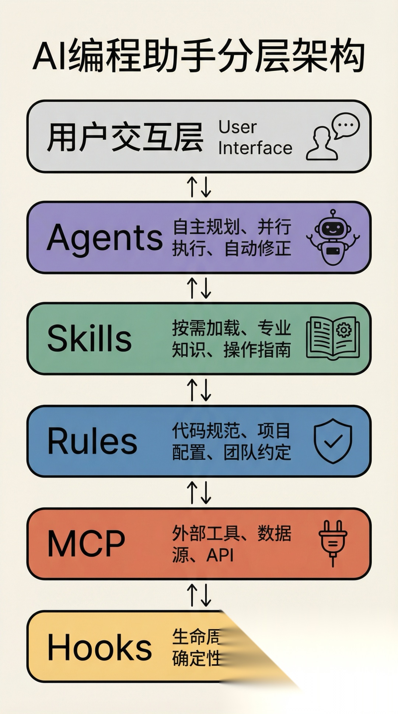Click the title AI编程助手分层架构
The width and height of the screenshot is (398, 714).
[x=199, y=56]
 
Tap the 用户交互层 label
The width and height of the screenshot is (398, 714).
[x=125, y=137]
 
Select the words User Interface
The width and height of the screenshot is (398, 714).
[x=255, y=138]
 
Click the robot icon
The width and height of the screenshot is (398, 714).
[x=333, y=237]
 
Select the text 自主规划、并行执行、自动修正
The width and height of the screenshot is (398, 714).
[x=232, y=237]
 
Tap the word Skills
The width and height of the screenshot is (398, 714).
[x=90, y=339]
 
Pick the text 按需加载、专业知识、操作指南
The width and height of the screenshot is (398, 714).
[x=232, y=339]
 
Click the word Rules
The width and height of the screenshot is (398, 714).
[x=92, y=441]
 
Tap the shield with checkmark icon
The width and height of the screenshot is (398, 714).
[x=333, y=441]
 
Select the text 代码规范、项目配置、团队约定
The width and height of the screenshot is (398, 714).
[x=232, y=441]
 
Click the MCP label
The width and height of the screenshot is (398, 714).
[x=86, y=544]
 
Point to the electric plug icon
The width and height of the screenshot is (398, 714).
[x=333, y=543]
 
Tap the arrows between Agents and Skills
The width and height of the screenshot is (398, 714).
[x=199, y=288]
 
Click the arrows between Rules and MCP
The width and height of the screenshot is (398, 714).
[x=199, y=493]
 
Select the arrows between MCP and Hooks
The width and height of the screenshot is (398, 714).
[x=199, y=595]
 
